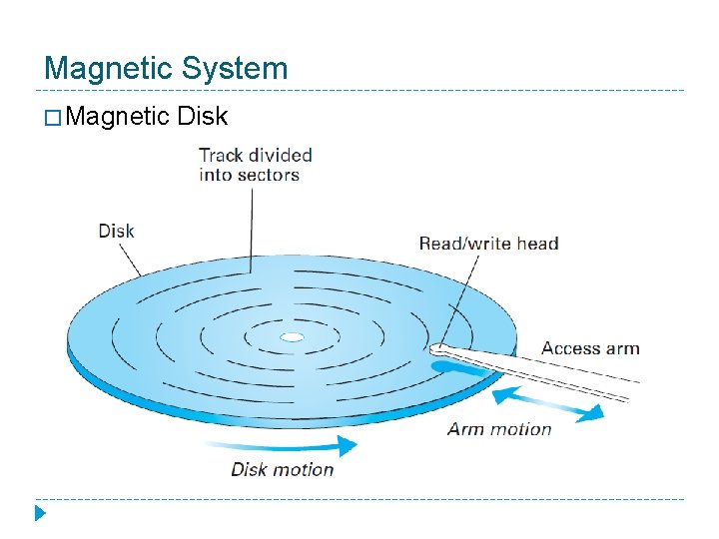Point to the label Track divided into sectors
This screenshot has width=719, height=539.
click(255, 165)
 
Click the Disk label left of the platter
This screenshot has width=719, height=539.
click(116, 231)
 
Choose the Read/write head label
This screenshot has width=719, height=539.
click(488, 244)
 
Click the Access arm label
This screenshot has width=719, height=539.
click(590, 348)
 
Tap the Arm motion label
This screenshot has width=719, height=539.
click(499, 429)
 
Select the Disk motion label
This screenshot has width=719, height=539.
click(282, 469)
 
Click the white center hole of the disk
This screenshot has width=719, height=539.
click(291, 337)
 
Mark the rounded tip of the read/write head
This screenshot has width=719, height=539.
click(437, 350)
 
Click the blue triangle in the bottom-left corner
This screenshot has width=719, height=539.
click(39, 516)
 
